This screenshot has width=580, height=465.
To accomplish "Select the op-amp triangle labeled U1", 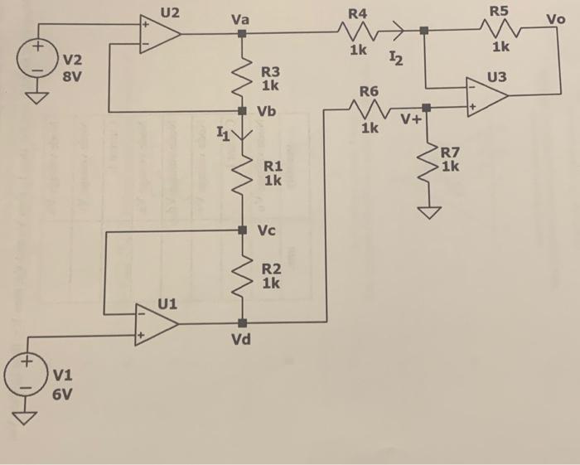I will pos(157,322).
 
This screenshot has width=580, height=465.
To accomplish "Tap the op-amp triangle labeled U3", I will pos(487,98).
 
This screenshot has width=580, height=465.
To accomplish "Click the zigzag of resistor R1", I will pos(243,175).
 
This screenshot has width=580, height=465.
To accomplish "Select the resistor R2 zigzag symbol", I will pos(243,277).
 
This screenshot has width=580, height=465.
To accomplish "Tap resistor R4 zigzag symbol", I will pos(358,32).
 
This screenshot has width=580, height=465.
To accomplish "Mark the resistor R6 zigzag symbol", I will pos(368,108).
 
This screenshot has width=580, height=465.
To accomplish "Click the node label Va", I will pos(240,16).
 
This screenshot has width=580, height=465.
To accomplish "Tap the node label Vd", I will pos(242,340).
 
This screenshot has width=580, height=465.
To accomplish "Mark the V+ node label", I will pos(412,122).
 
